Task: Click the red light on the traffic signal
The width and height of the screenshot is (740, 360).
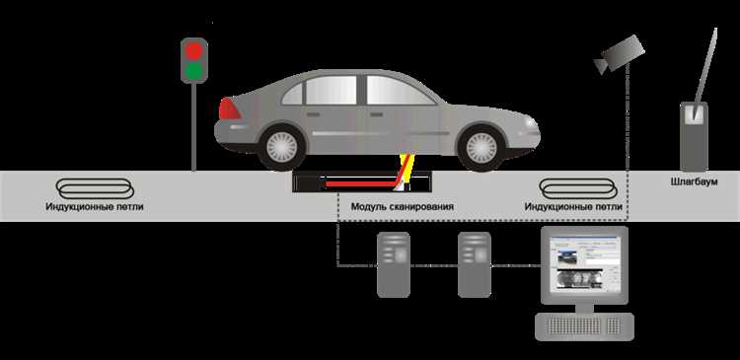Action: pyautogui.click(x=193, y=50)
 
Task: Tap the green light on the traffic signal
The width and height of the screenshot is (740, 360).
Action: pyautogui.click(x=193, y=70)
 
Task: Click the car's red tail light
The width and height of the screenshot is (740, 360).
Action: pyautogui.click(x=229, y=109)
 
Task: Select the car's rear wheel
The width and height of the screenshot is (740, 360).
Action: pyautogui.click(x=282, y=147)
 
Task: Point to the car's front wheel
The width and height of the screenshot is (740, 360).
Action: pyautogui.click(x=481, y=148)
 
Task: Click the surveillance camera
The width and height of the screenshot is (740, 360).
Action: pyautogui.click(x=620, y=54)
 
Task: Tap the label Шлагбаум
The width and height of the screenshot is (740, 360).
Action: pyautogui.click(x=694, y=181)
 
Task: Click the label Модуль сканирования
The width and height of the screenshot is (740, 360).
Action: pyautogui.click(x=403, y=207)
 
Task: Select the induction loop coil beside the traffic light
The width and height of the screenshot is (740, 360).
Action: pyautogui.click(x=95, y=188)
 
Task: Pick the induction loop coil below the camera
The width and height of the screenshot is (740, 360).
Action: pyautogui.click(x=578, y=188)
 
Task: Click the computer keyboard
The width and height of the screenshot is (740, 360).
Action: pyautogui.click(x=584, y=325)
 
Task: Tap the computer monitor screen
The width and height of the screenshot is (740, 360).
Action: pyautogui.click(x=585, y=264)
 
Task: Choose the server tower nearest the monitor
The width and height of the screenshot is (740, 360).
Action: pyautogui.click(x=475, y=264)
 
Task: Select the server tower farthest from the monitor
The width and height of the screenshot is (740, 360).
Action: pyautogui.click(x=394, y=264)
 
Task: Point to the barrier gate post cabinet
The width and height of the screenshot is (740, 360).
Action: pyautogui.click(x=694, y=137)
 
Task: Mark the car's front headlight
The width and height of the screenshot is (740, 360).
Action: pyautogui.click(x=531, y=122)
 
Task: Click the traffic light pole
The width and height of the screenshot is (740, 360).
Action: pyautogui.click(x=193, y=127)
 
